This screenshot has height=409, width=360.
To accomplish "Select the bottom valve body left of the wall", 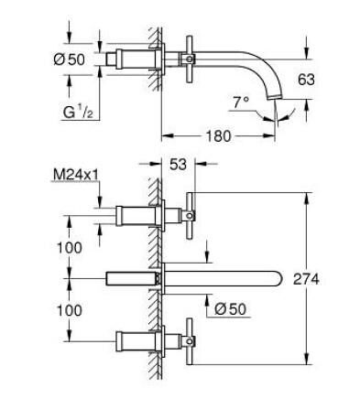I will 133,342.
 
